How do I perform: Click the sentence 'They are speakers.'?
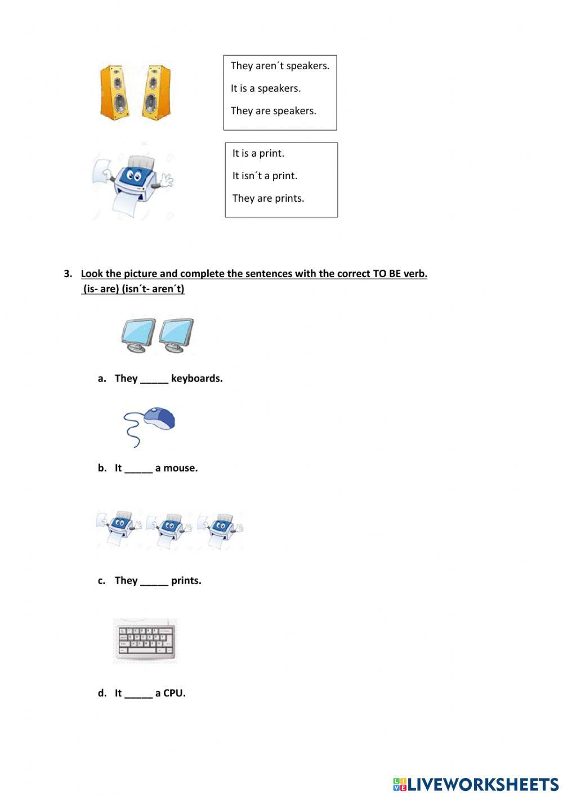273,111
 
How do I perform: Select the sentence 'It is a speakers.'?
265,88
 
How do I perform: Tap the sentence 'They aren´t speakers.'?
280,66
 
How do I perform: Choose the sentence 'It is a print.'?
258,153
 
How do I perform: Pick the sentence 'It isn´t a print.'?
265,176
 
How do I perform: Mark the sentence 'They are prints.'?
268,198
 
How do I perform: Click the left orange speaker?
114,92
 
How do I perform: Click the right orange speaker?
155,92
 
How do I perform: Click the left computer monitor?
138,335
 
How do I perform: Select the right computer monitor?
176,335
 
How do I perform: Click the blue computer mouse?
158,420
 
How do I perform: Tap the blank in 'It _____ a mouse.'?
138,469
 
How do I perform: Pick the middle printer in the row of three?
169,530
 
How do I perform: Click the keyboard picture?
145,641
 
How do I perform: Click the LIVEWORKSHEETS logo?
475,784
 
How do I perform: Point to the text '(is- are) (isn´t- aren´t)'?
133,289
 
